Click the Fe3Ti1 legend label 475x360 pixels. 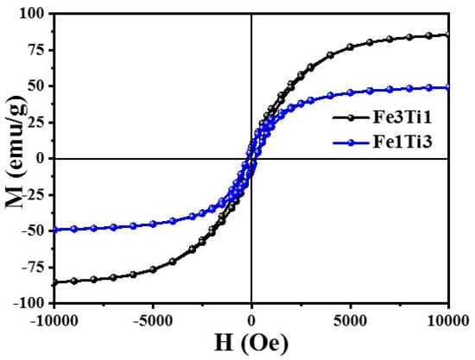pos(402,117)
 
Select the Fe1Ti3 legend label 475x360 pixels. pos(402,142)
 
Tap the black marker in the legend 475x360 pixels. pos(351,117)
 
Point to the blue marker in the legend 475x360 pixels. pos(351,142)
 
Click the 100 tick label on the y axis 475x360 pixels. pos(34,14)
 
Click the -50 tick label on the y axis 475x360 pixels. pos(35,231)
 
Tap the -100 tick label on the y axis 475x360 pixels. pos(30,303)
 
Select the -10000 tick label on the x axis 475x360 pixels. pos(54,320)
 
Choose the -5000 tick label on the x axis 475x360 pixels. pos(153,320)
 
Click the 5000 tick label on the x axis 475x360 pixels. pos(350,320)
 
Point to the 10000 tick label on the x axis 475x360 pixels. pos(448,320)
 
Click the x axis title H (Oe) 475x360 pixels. pos(251,344)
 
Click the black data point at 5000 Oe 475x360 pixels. pos(350,47)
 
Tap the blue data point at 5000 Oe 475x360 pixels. pos(350,92)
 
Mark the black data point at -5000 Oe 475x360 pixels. pos(153,269)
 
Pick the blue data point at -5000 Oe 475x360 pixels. pos(153,224)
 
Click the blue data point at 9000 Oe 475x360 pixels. pos(429,88)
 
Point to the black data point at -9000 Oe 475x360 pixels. pos(74,281)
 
